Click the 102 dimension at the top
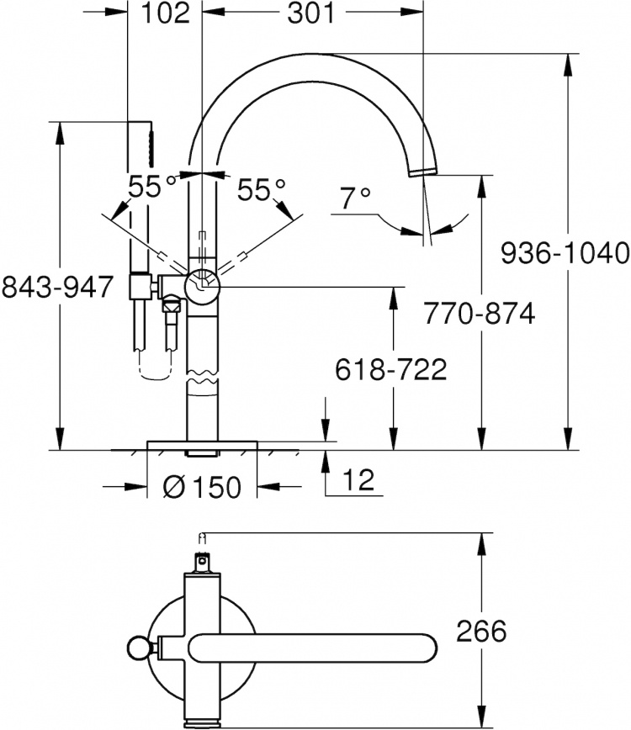coord(165,13)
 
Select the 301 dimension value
coord(310,13)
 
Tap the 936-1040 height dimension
coord(565,253)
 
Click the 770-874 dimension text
coord(480,314)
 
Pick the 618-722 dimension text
coord(391,370)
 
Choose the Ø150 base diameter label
coord(203,487)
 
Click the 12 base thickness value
coord(358,479)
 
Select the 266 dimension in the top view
coord(481,632)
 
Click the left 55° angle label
coord(152,187)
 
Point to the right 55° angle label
coord(262,190)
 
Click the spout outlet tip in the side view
coord(423,172)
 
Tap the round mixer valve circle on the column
coord(203,286)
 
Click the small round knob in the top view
coord(139,648)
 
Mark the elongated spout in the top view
coord(312,648)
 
